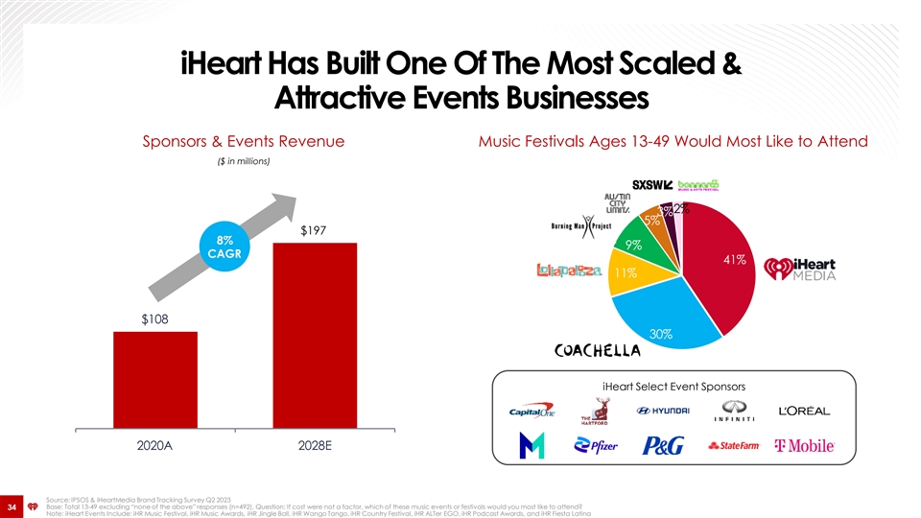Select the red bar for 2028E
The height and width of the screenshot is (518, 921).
coord(316,336)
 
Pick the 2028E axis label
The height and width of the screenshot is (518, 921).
coord(316,448)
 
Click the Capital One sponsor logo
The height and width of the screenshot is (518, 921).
coord(532,411)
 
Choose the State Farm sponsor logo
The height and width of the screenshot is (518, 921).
coord(734,446)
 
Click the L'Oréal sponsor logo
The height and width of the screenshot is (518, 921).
coord(804,411)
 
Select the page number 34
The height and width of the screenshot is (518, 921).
coord(13,506)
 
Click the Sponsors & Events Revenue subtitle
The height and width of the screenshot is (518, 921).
coord(243,141)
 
